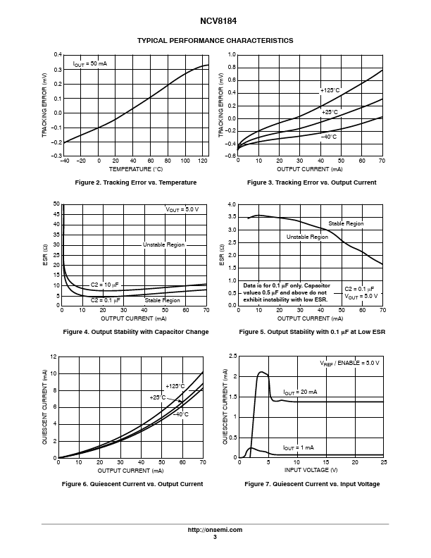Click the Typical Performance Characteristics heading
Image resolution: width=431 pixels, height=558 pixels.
tap(215, 41)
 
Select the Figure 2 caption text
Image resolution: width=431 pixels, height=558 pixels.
tap(136, 183)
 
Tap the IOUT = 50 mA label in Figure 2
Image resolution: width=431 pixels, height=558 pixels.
tap(90, 64)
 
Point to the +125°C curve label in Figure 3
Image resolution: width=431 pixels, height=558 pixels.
tap(330, 91)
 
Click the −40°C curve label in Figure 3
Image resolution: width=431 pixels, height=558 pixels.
tap(328, 136)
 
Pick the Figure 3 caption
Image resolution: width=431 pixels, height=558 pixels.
tap(311, 183)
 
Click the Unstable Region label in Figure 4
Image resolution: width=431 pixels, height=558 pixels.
tap(163, 244)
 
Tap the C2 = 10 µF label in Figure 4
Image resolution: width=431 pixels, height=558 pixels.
tap(105, 285)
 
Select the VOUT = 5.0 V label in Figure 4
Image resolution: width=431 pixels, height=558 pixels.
tap(182, 210)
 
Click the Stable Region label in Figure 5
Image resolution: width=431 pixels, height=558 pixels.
tap(346, 223)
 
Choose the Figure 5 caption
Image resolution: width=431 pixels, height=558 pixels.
tap(311, 332)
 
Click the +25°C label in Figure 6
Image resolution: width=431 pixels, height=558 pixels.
tap(158, 397)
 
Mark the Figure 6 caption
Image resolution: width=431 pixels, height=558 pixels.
tap(132, 484)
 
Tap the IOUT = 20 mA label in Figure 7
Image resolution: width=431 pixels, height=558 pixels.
tap(300, 392)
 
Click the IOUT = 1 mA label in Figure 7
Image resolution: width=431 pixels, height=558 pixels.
tap(298, 447)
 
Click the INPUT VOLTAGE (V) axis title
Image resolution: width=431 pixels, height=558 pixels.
tap(311, 470)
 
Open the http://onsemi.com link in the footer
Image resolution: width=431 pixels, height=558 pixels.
tap(215, 530)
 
